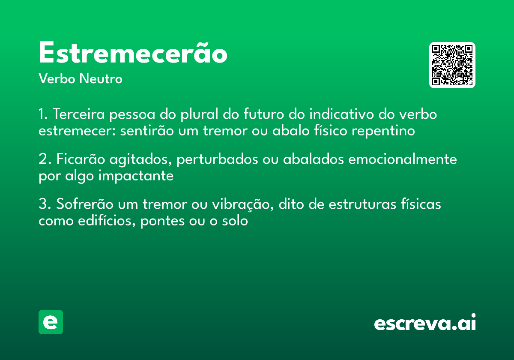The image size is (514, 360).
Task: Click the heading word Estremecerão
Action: coord(133,54)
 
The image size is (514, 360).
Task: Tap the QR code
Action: coord(452,65)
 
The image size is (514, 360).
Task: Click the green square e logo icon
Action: coord(51,322)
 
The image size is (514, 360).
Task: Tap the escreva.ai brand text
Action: coord(424,323)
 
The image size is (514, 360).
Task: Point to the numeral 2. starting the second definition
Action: coord(44,159)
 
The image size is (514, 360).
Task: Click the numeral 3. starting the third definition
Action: coord(44,204)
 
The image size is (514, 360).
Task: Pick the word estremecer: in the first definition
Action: coord(77,131)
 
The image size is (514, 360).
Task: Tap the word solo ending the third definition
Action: coord(236,221)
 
